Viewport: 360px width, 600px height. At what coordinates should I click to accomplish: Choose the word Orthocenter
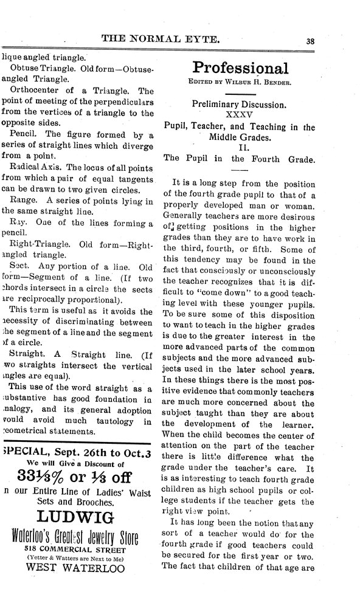37,90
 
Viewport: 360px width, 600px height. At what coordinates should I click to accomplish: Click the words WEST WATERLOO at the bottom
76,568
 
